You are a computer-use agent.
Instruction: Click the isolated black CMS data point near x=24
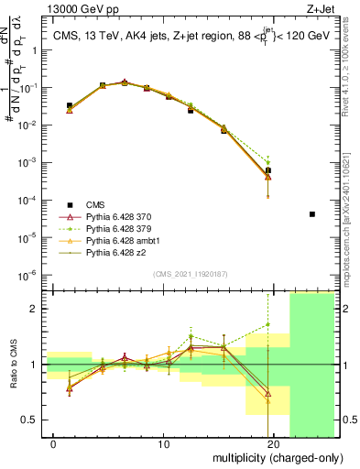pos(312,214)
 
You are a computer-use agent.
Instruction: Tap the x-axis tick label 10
pos(164,444)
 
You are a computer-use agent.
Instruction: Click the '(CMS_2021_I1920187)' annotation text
pos(190,274)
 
